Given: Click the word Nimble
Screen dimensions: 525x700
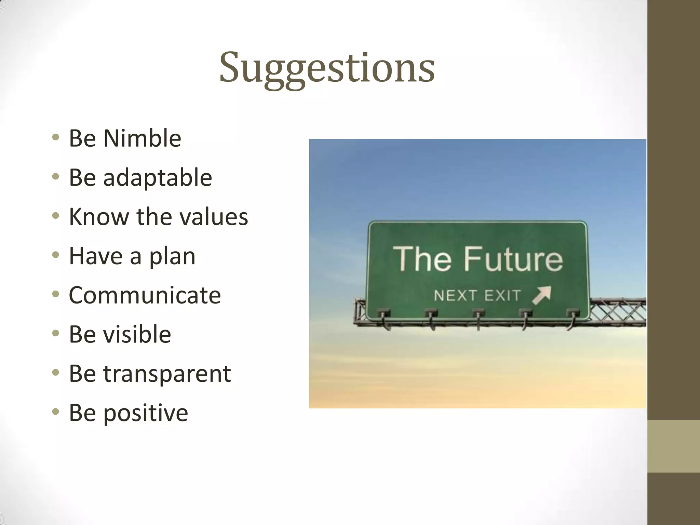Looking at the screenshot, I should tap(142, 138).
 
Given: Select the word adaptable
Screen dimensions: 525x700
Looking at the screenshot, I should tap(157, 178).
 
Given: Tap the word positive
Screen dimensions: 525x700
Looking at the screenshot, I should tap(145, 413).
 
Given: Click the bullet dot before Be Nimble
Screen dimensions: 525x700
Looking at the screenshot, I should tap(56, 138).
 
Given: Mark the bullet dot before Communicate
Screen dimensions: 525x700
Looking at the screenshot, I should tap(56, 294).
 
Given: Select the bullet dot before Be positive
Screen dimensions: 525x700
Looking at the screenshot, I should tap(56, 412).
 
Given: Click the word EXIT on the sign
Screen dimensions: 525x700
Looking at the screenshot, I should tap(502, 296).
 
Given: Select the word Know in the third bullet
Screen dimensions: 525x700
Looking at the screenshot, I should tap(98, 217).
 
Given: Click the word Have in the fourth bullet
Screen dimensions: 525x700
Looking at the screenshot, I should tap(95, 256).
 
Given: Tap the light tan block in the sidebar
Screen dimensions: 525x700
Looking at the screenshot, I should tap(673, 446).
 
